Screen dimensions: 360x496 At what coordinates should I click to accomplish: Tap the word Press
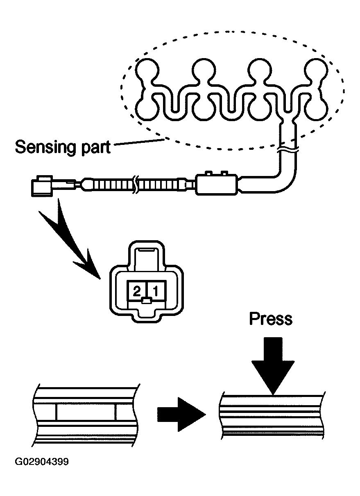[271, 319]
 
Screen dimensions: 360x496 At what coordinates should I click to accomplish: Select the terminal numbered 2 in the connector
[136, 291]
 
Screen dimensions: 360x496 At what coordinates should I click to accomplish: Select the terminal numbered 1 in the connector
[156, 291]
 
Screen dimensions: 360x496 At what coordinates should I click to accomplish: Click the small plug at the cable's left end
[43, 186]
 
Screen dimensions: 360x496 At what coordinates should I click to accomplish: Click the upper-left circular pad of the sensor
[147, 70]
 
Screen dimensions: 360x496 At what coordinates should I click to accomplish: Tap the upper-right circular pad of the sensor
[316, 70]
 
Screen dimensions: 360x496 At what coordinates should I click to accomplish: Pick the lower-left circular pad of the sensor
[147, 109]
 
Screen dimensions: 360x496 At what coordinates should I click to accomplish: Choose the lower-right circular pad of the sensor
[316, 109]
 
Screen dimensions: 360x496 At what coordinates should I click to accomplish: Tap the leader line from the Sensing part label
[139, 142]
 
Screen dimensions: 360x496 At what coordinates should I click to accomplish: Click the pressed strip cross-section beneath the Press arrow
[273, 416]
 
